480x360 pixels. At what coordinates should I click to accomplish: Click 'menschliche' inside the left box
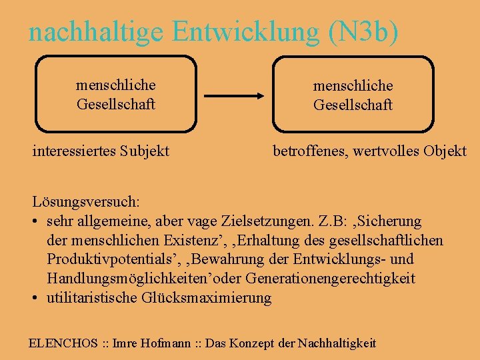pyautogui.click(x=116, y=85)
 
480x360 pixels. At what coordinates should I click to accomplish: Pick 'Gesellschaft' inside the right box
pyautogui.click(x=353, y=105)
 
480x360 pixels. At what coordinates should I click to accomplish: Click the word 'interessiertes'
pyautogui.click(x=74, y=151)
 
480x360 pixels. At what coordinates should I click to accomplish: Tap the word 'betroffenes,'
pyautogui.click(x=307, y=151)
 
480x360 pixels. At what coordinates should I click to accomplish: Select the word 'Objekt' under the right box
pyautogui.click(x=445, y=151)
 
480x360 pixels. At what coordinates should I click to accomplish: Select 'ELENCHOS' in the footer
pyautogui.click(x=63, y=343)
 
